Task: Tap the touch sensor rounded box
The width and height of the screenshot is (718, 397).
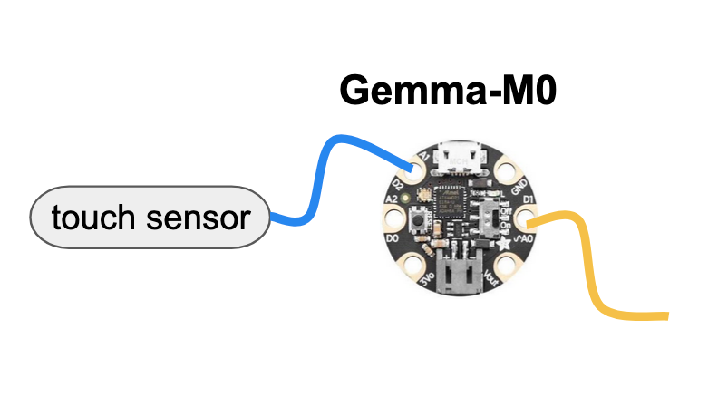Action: (150, 218)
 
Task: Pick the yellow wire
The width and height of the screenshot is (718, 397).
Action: (589, 263)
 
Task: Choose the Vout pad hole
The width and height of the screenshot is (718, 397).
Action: (504, 267)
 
